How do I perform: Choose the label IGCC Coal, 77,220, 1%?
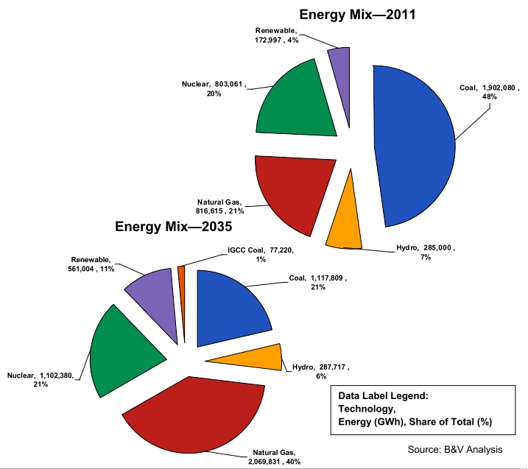[x=260, y=254]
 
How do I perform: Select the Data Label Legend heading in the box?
[x=383, y=395]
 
